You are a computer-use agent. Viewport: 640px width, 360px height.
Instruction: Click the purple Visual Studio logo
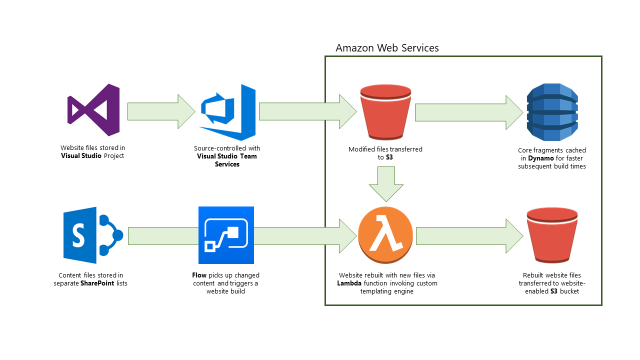point(93,110)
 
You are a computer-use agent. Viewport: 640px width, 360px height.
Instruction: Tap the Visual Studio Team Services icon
point(227,112)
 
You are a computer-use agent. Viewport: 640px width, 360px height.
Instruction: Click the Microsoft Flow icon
point(226,235)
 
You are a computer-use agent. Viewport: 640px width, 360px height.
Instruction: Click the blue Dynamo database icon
point(552,112)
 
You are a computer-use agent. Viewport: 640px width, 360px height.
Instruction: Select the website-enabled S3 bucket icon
point(552,235)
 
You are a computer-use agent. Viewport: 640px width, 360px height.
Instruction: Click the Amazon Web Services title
point(387,48)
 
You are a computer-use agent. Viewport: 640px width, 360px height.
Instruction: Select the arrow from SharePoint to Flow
point(161,235)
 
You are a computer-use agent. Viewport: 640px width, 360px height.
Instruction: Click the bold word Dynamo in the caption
point(541,158)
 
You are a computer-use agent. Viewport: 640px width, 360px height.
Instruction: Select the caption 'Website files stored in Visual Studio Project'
point(93,151)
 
